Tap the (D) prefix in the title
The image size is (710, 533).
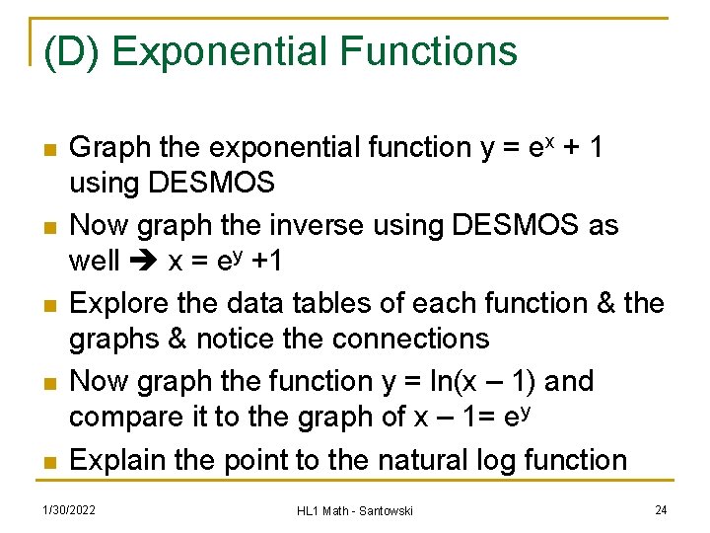[x=72, y=51]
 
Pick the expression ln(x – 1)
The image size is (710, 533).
[x=466, y=380]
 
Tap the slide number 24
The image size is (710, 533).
[x=660, y=509]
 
